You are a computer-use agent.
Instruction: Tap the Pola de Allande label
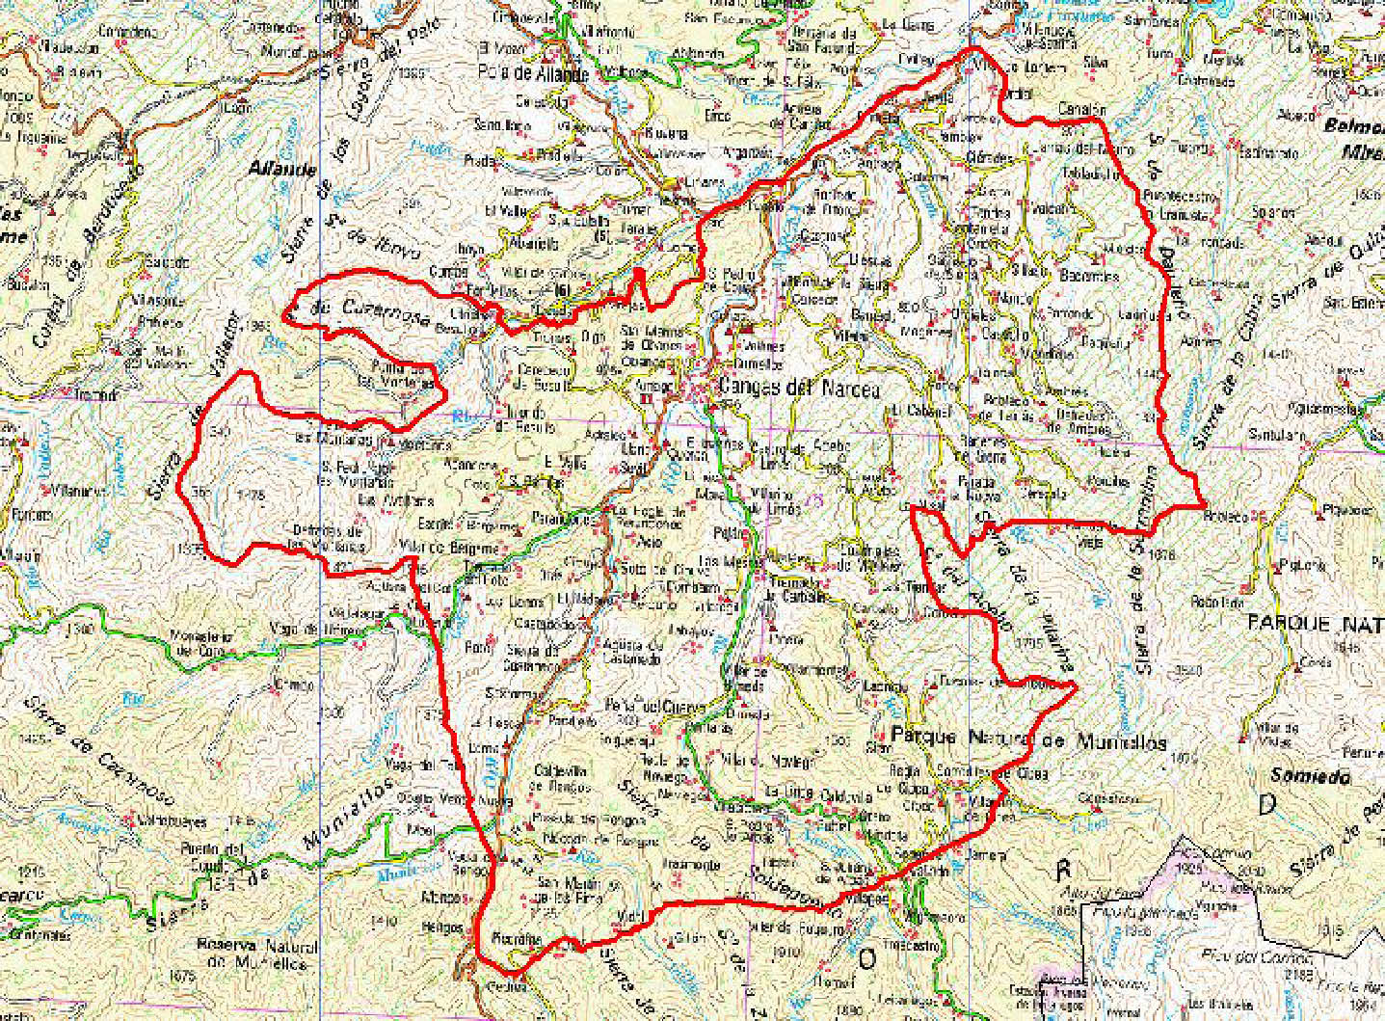coord(534,72)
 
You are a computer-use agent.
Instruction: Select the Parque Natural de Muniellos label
coord(1028,740)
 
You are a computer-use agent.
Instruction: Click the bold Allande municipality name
coord(282,170)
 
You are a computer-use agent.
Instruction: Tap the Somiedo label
coord(1310,776)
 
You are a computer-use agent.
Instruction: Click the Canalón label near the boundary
coord(1081,110)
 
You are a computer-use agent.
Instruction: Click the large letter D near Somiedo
coord(1266,805)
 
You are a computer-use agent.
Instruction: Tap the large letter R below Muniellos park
coord(1063,870)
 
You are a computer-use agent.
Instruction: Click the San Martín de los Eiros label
coord(569,889)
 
